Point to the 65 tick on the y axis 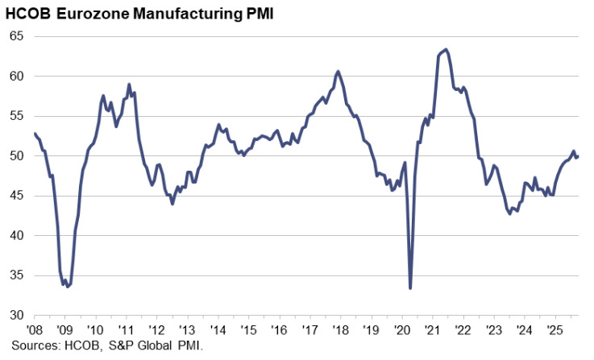(x=17, y=37)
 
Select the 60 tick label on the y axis (x=17, y=77)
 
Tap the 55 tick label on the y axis (x=17, y=117)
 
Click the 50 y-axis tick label (x=17, y=156)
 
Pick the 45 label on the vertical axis (x=17, y=196)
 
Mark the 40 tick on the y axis (x=17, y=236)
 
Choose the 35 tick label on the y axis (x=17, y=275)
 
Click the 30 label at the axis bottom (x=17, y=315)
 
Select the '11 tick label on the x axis (x=126, y=330)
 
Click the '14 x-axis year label (x=218, y=330)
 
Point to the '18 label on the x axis (x=340, y=330)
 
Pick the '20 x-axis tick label (x=401, y=330)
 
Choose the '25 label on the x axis (x=555, y=330)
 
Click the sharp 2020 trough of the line (x=410, y=288)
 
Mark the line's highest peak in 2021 (x=447, y=49)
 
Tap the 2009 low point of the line (x=68, y=287)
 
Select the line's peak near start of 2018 (x=338, y=72)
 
